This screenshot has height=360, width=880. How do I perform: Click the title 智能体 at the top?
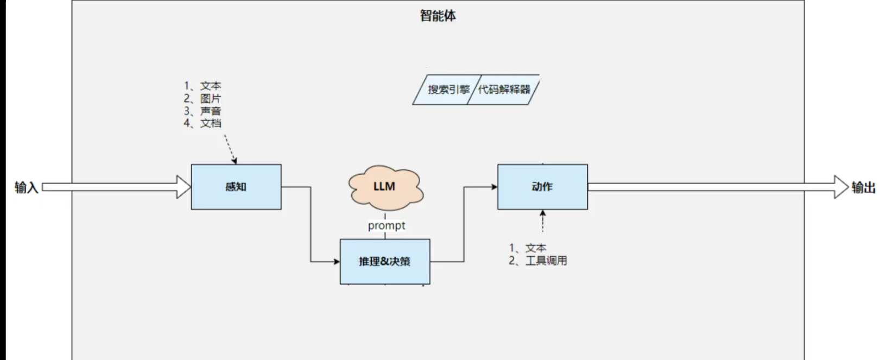(x=438, y=16)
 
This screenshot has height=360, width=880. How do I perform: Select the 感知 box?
(x=236, y=187)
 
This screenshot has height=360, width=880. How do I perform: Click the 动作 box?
(x=542, y=187)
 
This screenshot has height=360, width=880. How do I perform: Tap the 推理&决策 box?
(x=385, y=262)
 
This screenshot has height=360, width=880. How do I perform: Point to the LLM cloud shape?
(x=385, y=187)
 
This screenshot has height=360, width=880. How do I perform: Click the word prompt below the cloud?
(x=387, y=225)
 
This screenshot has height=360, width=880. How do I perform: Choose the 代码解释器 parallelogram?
(x=504, y=90)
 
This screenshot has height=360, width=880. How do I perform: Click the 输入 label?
(x=26, y=187)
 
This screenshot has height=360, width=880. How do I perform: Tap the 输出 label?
(x=863, y=187)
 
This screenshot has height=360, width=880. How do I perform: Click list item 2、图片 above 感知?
(x=202, y=98)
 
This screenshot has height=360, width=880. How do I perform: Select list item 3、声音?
(x=202, y=111)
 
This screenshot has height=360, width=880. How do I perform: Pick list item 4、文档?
(x=202, y=123)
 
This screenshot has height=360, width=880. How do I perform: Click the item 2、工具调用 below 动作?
(x=538, y=261)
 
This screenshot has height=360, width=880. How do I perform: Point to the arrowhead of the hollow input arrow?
(x=184, y=187)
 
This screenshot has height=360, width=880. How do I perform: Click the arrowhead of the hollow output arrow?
(x=841, y=187)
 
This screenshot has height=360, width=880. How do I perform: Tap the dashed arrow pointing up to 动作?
(x=542, y=221)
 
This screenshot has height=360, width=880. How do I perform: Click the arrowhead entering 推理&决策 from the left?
(x=336, y=262)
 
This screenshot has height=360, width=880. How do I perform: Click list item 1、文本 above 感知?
(x=202, y=86)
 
